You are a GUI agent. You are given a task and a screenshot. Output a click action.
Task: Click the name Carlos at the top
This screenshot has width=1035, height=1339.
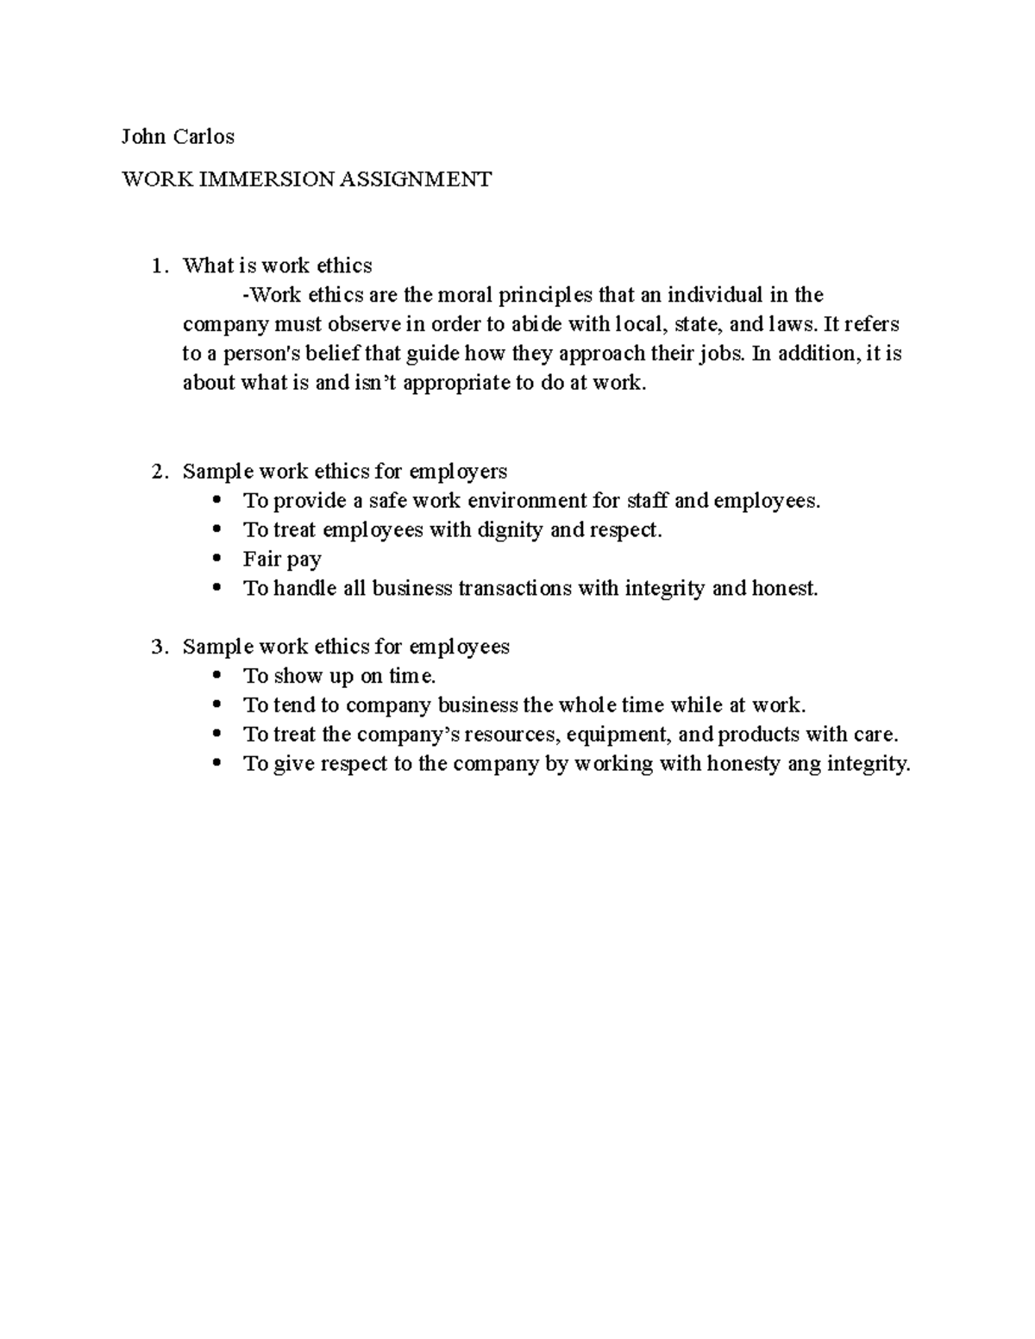[204, 136]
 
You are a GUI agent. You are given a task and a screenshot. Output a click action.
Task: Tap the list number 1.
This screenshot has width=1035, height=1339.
[156, 266]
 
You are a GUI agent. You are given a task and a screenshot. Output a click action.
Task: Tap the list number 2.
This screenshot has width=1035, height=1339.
[156, 472]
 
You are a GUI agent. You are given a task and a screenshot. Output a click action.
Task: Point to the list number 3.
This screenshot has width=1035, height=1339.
[156, 648]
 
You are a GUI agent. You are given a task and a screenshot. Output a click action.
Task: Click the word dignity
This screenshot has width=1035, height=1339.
[511, 530]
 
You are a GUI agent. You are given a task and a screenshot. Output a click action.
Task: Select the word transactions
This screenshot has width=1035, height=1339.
[514, 589]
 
